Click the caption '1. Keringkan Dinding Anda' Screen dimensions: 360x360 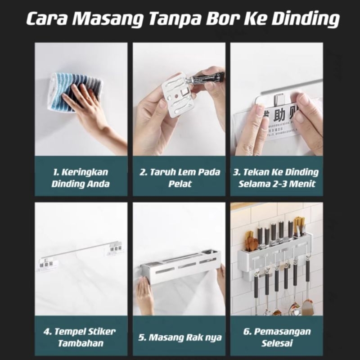[81, 178]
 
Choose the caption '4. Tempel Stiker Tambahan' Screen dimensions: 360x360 [80, 337]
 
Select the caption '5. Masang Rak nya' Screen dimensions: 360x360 [179, 337]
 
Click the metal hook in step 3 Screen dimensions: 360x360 [279, 100]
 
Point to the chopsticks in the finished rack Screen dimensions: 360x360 [299, 227]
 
